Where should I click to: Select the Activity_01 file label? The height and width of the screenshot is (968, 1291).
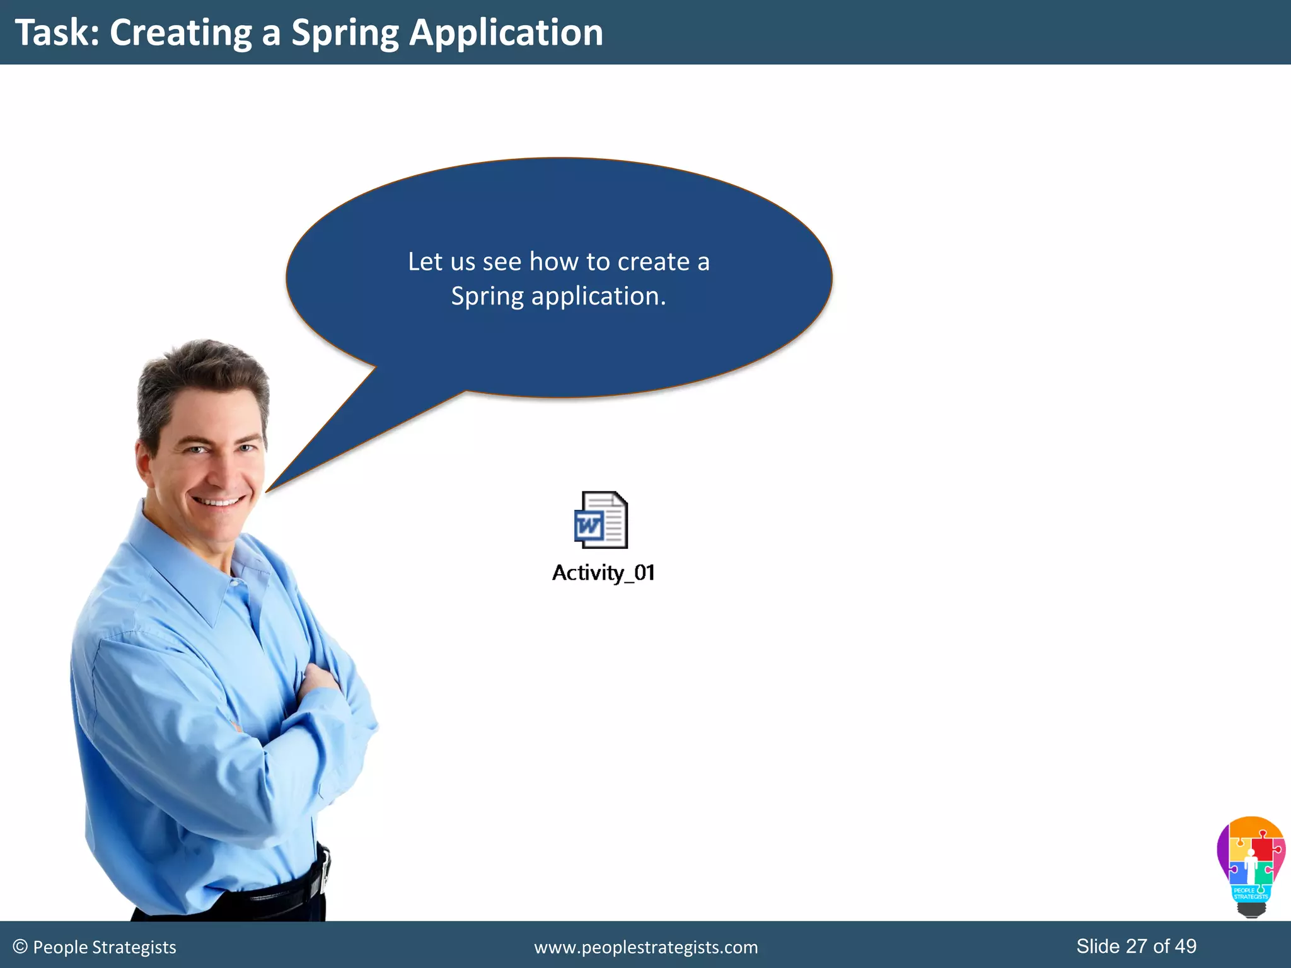click(603, 573)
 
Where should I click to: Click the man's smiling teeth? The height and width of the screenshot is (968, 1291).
click(217, 502)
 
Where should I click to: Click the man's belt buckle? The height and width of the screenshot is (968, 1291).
click(324, 873)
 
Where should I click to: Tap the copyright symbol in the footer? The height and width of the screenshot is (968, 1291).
click(20, 947)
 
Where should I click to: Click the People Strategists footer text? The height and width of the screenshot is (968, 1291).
click(105, 947)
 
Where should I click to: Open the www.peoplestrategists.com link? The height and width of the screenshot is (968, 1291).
click(645, 947)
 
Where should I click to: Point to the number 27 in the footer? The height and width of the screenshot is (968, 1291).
click(1137, 946)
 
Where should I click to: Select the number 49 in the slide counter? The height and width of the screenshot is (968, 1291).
click(1185, 946)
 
